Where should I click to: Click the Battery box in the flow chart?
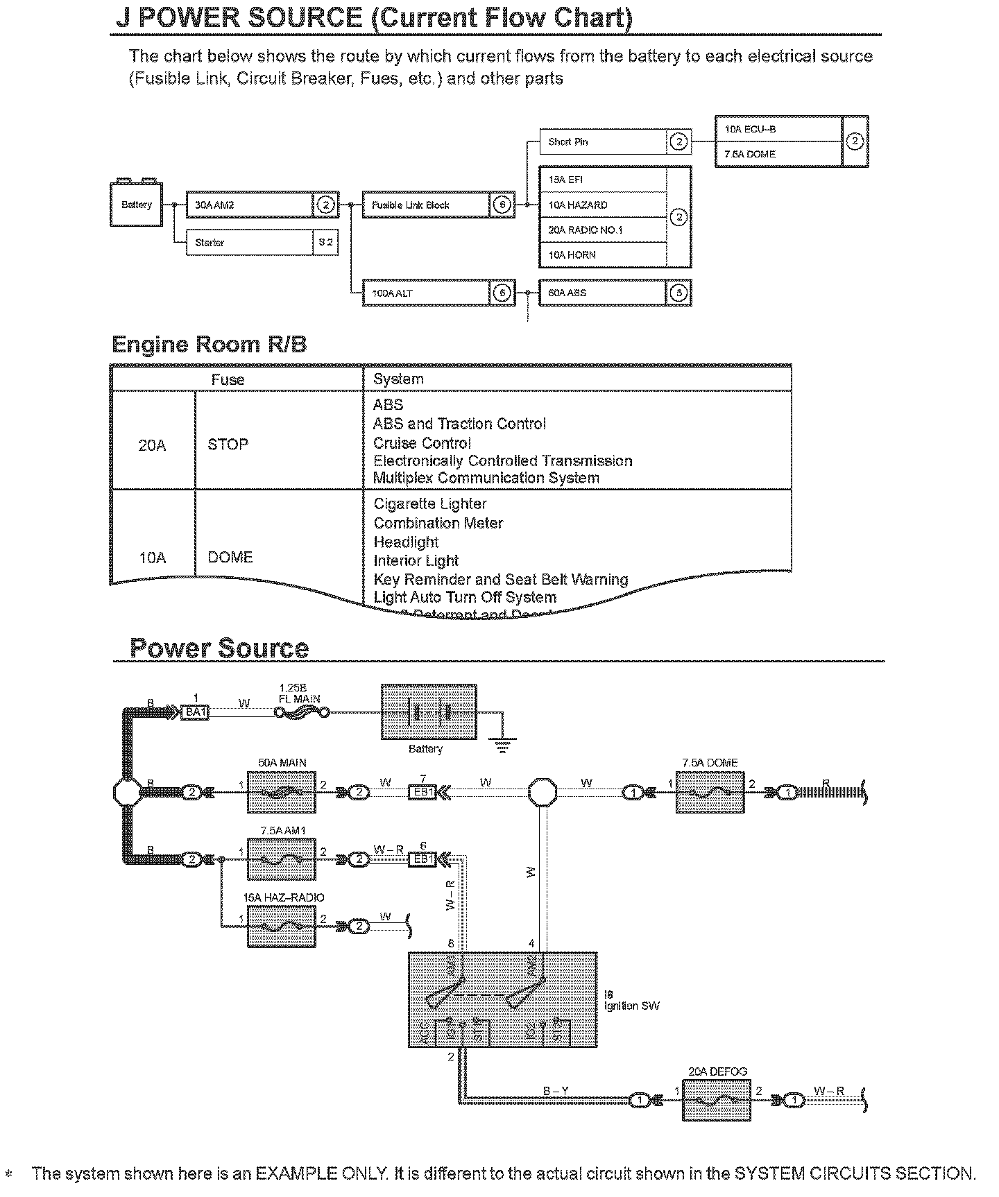click(137, 205)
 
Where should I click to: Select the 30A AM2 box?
click(250, 205)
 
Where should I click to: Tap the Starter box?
click(250, 243)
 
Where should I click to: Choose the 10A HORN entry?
click(602, 255)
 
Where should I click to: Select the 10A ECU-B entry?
click(778, 130)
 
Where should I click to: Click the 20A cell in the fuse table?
click(153, 445)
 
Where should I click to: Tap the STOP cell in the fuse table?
click(228, 445)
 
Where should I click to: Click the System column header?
click(398, 379)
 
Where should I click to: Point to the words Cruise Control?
click(422, 443)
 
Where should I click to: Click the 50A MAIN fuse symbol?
click(282, 791)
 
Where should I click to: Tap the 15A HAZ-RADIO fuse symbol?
click(282, 926)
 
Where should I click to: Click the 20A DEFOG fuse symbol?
click(717, 1100)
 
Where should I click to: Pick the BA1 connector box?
click(195, 712)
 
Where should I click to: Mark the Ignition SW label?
click(631, 1006)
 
